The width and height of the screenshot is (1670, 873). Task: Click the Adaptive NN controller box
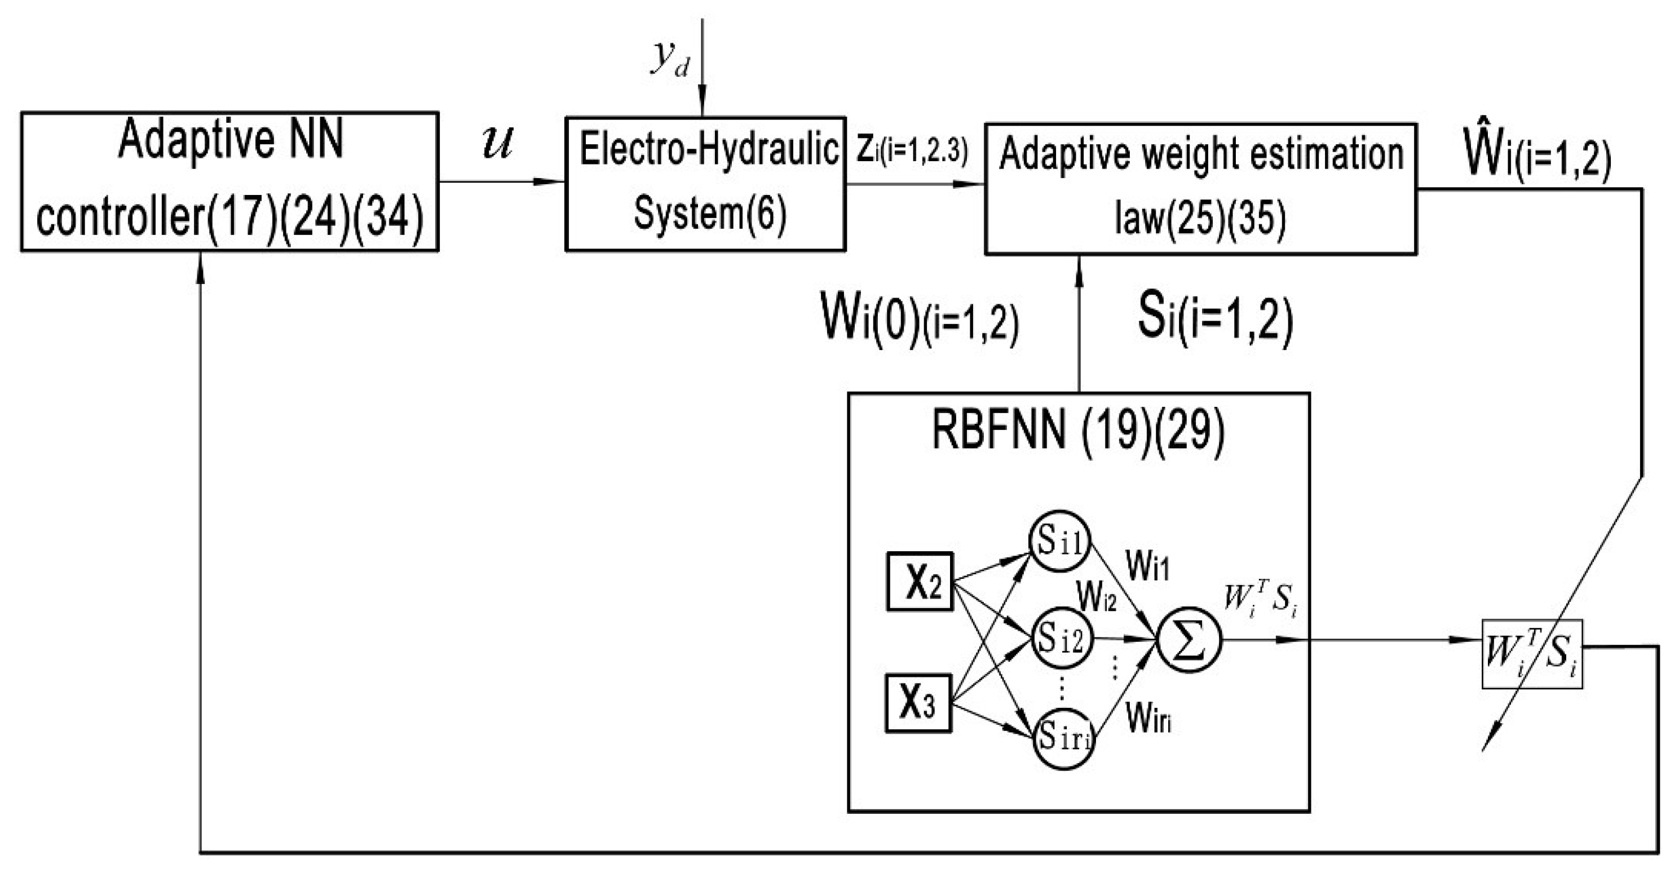pos(229,181)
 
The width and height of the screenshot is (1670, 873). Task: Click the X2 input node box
pos(919,582)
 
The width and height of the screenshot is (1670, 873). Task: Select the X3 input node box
pos(918,704)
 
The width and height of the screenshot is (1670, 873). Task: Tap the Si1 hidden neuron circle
pos(1061,540)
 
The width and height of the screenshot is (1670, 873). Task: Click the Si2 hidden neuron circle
pos(1062,639)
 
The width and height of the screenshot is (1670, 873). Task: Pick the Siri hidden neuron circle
pos(1064,738)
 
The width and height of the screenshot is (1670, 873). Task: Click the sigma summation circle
pos(1189,640)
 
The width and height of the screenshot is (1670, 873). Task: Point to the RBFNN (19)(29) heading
pos(1078,432)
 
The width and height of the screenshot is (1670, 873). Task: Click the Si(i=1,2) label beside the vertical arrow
pos(1215,320)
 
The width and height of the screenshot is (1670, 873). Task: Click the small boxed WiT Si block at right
pos(1532,653)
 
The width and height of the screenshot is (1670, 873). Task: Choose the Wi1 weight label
pos(1147,566)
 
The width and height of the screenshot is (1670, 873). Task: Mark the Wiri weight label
pos(1149,717)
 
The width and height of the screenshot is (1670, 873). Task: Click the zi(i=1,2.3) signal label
pos(912,150)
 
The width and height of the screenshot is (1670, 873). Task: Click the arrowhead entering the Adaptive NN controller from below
pos(200,264)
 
